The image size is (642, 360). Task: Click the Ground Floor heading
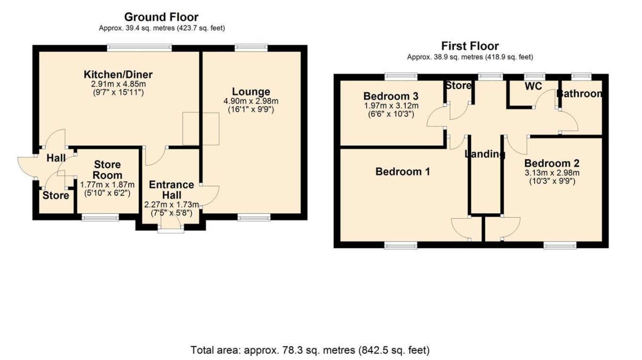pos(161,17)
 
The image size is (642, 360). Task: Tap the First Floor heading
pos(470,46)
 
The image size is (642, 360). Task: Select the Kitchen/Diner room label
pos(118,75)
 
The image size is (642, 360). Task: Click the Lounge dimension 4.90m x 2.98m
pos(251,101)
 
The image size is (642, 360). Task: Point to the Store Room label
pos(107,170)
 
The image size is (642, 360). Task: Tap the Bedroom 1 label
pos(403,172)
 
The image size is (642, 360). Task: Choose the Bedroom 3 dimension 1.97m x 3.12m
pos(391,106)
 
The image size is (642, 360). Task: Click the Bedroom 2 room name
pos(551,164)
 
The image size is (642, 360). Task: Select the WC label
pos(534,86)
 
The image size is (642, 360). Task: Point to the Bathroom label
pos(579,94)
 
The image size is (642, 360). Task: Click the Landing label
pos(485,155)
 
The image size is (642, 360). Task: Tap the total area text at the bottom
pos(310,350)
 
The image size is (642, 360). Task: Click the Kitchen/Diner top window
pos(140,48)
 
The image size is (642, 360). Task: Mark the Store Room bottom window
pos(100,217)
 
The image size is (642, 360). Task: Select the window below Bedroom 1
pos(401,245)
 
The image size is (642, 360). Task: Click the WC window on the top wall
pos(535,76)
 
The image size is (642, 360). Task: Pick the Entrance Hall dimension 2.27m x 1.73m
pos(172,205)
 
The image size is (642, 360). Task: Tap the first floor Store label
pos(459,85)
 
